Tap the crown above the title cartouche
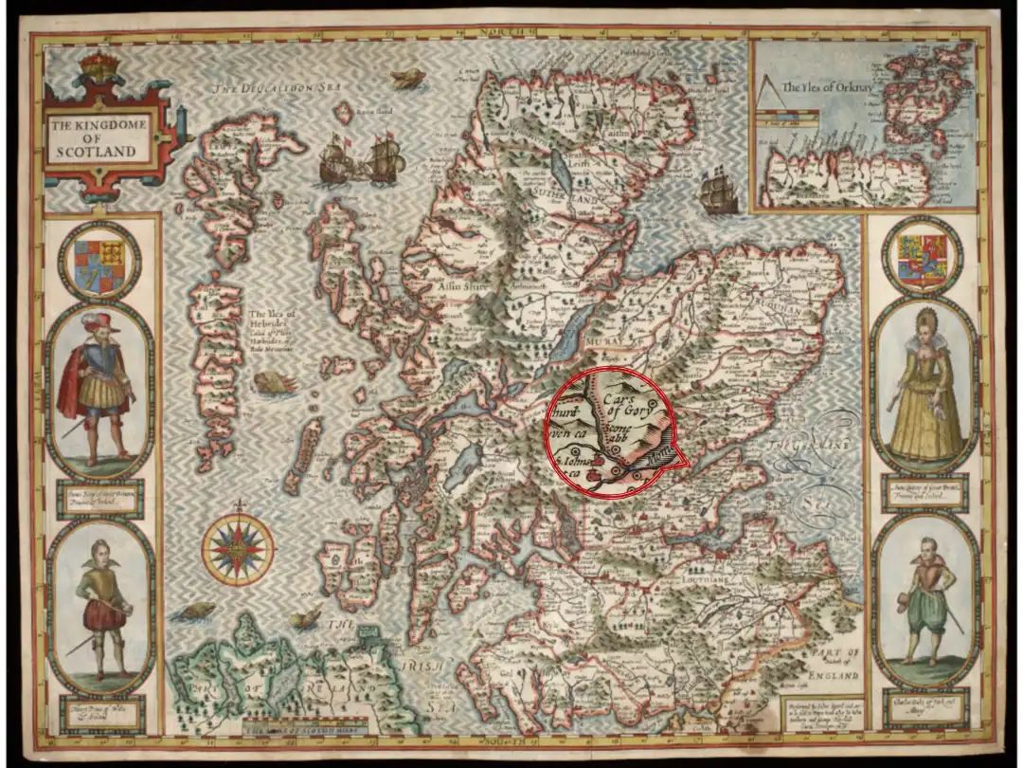pos(97,67)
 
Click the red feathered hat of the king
pos(96,321)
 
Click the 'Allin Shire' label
pos(458,284)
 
